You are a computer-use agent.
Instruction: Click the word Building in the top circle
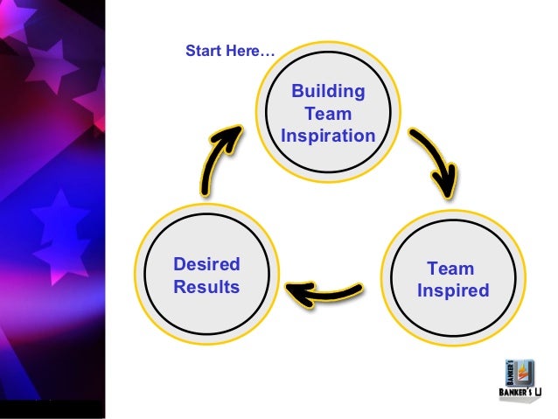click(328, 92)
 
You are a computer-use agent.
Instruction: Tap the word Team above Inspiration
click(328, 114)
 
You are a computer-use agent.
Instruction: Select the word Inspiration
click(328, 136)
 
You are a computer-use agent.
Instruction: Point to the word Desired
click(206, 264)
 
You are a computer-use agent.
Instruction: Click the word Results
click(206, 286)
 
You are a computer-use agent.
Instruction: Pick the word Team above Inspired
click(450, 269)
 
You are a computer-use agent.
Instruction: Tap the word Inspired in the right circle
click(452, 290)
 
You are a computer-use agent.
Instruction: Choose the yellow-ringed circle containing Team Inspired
click(451, 280)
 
